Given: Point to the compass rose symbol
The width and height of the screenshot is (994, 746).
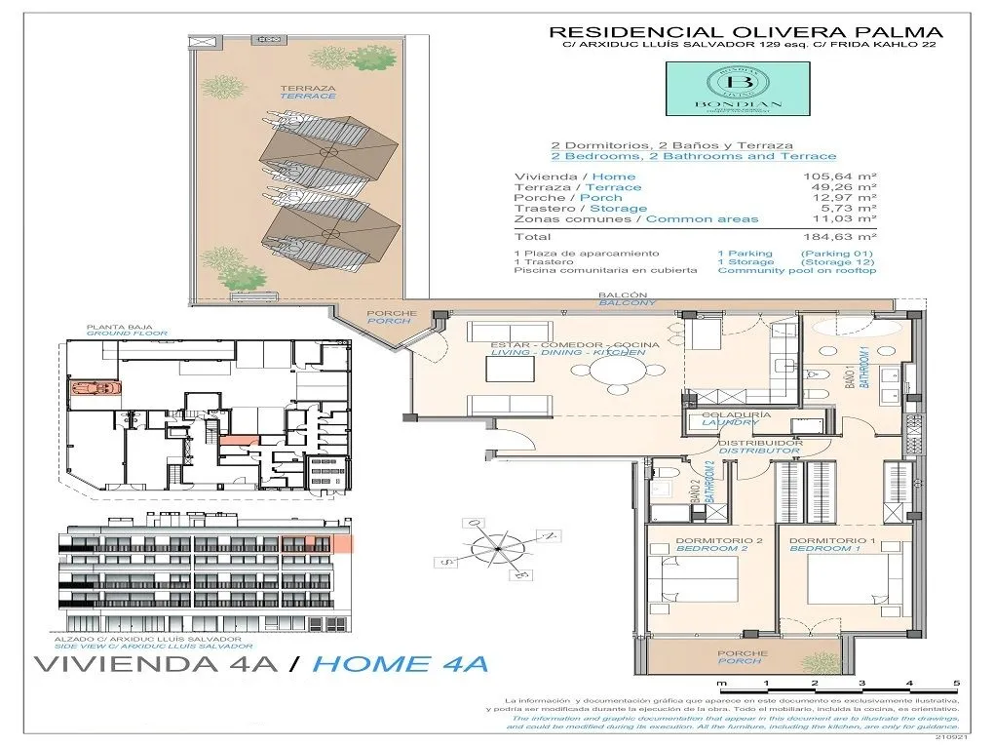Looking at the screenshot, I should (498, 550).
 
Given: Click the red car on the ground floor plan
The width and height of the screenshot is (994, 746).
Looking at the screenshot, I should (95, 387).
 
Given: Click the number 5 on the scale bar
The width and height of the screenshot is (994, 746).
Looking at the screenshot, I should (956, 684).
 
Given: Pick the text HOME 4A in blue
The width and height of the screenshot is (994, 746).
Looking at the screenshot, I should (401, 665).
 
